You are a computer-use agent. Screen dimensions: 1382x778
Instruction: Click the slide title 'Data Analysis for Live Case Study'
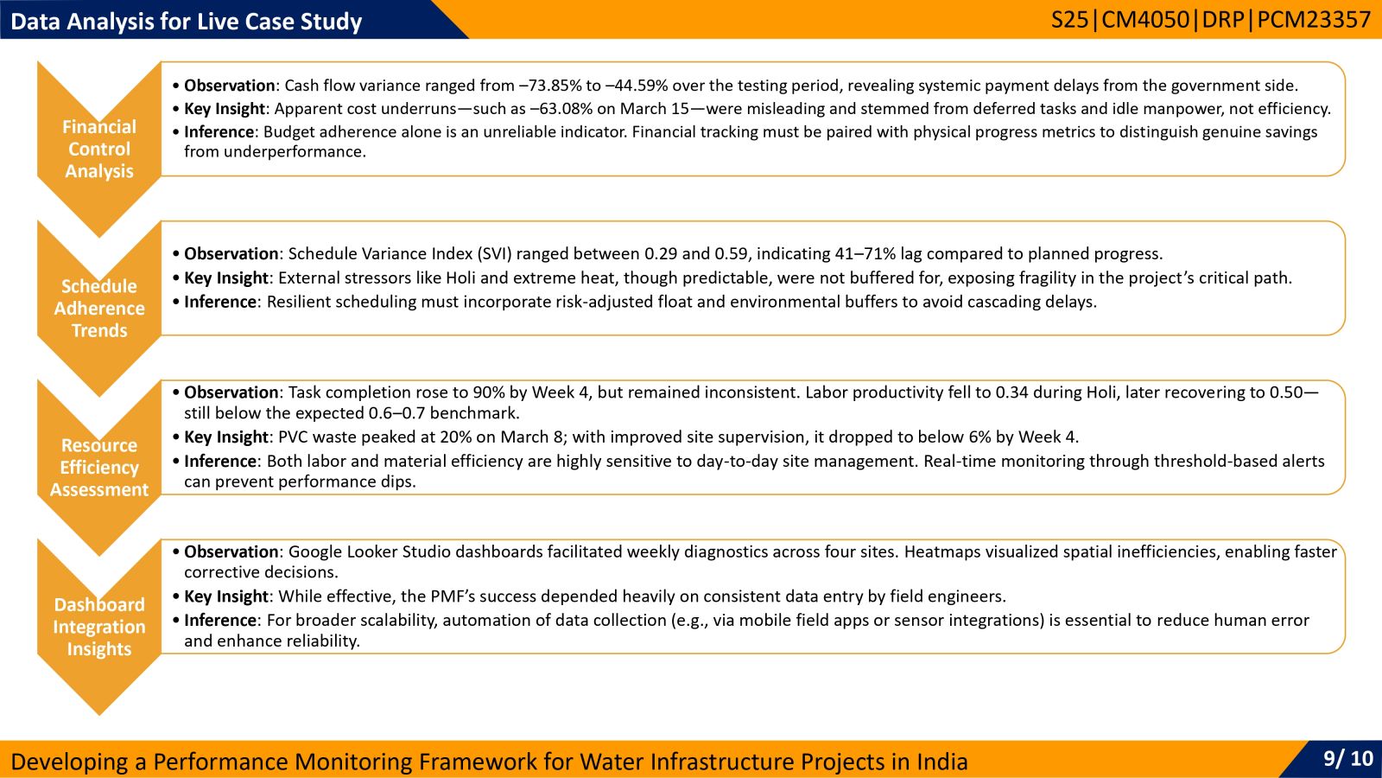187,22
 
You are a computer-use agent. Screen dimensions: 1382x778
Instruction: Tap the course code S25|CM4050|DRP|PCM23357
1211,20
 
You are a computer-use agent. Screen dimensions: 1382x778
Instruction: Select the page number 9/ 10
1348,757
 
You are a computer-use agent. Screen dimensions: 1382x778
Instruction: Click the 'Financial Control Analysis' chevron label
99,149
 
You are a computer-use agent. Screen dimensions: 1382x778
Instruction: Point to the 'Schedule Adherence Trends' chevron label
99,308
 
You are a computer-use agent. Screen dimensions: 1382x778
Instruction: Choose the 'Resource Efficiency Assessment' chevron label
99,468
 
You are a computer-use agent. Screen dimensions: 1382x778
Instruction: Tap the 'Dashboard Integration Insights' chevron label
99,627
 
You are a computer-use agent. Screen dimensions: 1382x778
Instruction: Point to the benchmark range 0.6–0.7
396,413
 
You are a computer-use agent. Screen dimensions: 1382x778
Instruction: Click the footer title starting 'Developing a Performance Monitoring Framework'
489,762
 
